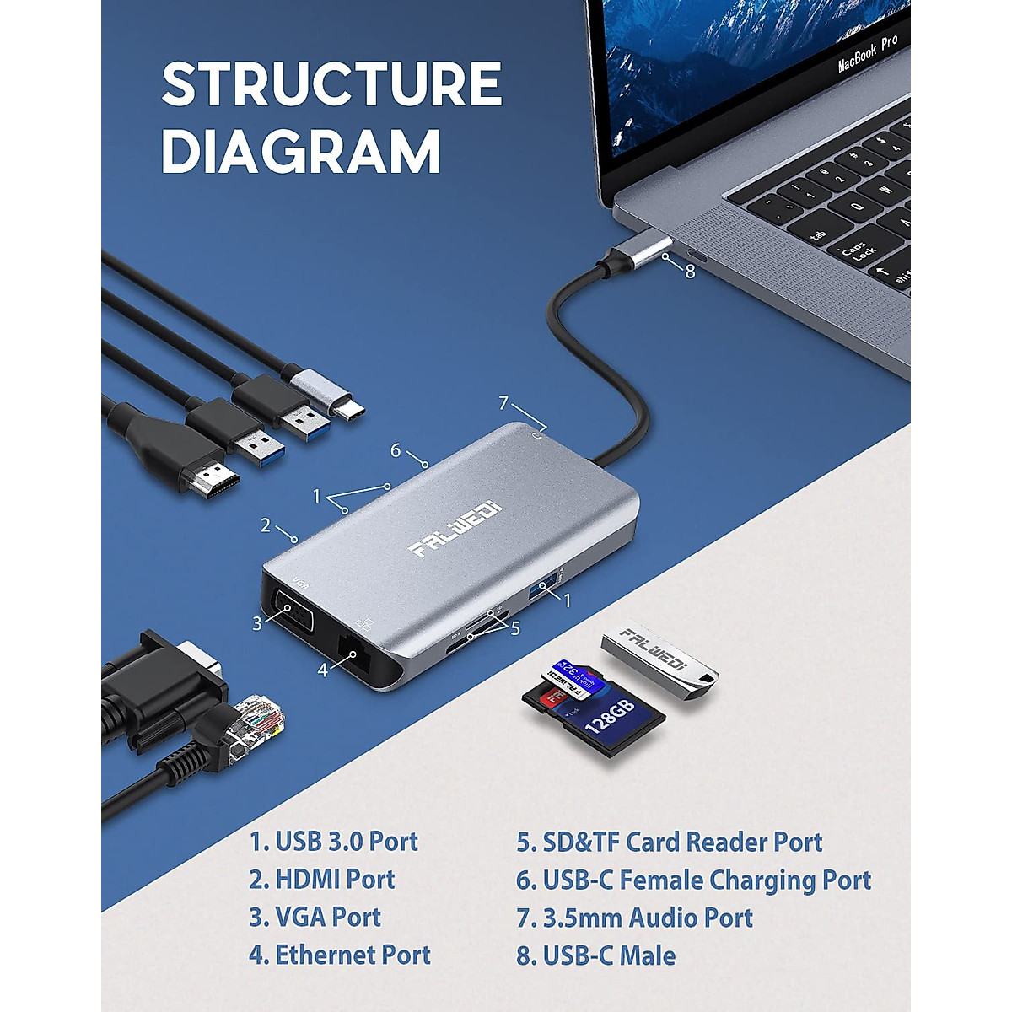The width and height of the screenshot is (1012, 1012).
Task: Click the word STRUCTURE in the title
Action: (x=331, y=83)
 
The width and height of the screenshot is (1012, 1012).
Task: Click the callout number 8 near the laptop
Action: (x=690, y=272)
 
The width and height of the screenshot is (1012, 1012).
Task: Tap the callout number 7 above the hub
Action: (x=504, y=402)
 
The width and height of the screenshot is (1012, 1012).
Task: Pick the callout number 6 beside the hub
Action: (x=395, y=450)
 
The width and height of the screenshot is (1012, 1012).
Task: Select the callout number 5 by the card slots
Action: (x=514, y=627)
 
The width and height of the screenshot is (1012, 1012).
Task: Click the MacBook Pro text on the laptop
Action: (x=868, y=53)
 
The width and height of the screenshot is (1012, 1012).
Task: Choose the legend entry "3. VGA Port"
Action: (x=315, y=917)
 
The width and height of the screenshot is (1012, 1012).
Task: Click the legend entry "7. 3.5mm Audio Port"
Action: (x=634, y=917)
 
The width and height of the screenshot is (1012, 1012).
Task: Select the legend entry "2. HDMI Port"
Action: (x=321, y=879)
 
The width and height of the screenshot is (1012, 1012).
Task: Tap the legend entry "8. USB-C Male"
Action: (x=595, y=955)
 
